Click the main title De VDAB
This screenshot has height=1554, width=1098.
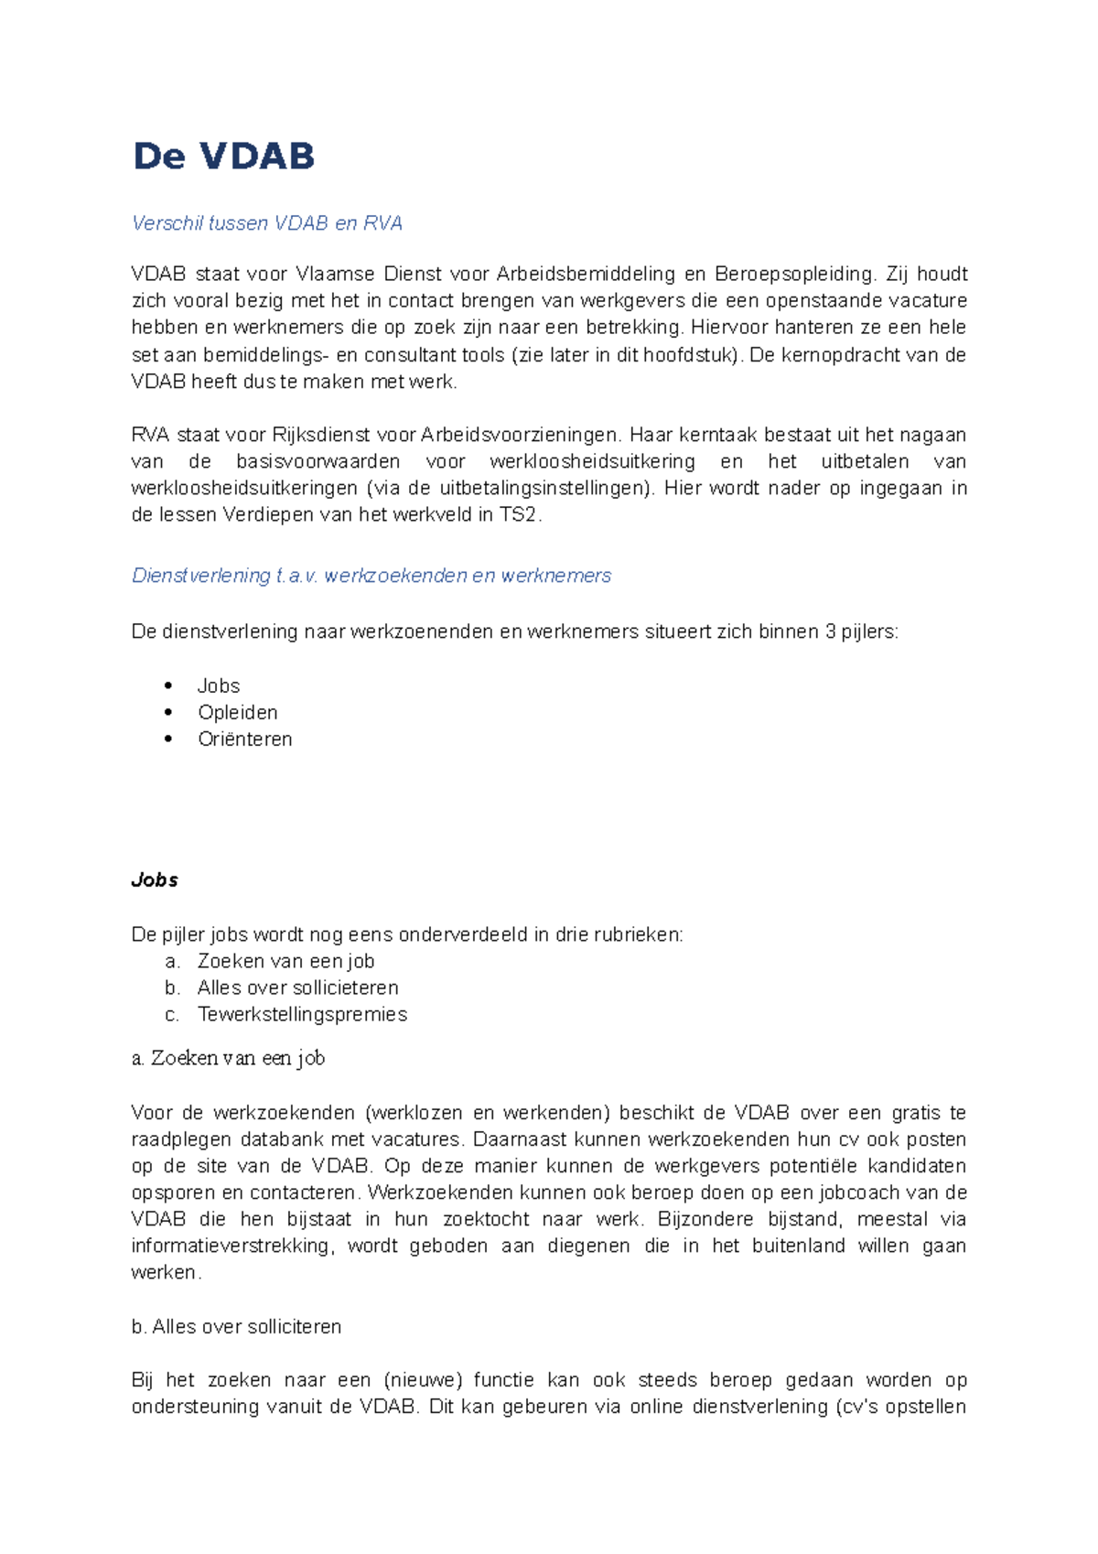(223, 156)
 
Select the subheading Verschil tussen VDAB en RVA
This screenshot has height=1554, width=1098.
(266, 223)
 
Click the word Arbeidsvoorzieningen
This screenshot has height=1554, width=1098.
(521, 435)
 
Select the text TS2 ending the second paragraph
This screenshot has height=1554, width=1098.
(519, 514)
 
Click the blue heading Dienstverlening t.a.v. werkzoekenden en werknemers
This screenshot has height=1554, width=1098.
(371, 576)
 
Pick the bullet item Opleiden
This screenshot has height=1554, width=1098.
(237, 712)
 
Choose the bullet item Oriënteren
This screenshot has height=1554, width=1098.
(244, 739)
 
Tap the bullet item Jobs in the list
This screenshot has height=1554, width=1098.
(219, 685)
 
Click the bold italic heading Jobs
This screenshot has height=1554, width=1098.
(155, 880)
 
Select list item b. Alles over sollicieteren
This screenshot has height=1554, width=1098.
(297, 987)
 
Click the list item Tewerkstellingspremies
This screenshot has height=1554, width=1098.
(302, 1014)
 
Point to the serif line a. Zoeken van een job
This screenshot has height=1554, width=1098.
(228, 1058)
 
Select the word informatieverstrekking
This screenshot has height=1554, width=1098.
(232, 1246)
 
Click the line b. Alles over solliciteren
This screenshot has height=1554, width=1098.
(236, 1326)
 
